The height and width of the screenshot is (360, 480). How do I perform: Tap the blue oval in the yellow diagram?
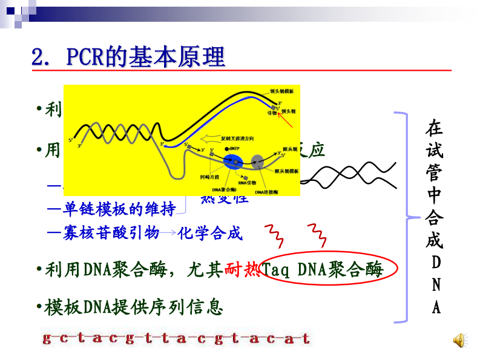coord(233,162)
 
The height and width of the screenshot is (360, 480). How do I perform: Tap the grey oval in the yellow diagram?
coord(258,162)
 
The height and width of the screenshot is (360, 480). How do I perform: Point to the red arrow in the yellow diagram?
coord(288,121)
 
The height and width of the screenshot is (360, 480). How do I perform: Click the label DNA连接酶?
coord(265,192)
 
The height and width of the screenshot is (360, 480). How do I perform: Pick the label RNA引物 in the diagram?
coord(246,182)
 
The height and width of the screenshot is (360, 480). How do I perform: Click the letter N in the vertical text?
coord(436,284)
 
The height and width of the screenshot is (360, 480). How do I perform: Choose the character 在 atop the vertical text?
coord(435,128)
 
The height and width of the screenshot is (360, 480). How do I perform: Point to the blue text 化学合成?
coord(210,233)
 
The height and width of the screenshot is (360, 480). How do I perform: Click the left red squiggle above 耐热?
coord(271,232)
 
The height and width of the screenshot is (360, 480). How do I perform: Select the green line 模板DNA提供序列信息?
coord(134,307)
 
